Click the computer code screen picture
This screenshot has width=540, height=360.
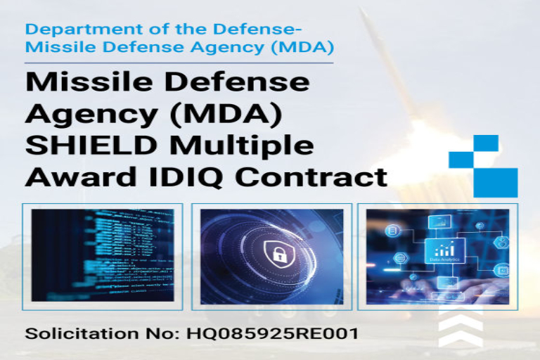[103, 255]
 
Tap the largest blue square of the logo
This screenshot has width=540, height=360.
[495, 182]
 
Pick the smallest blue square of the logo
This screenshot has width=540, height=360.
[486, 143]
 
